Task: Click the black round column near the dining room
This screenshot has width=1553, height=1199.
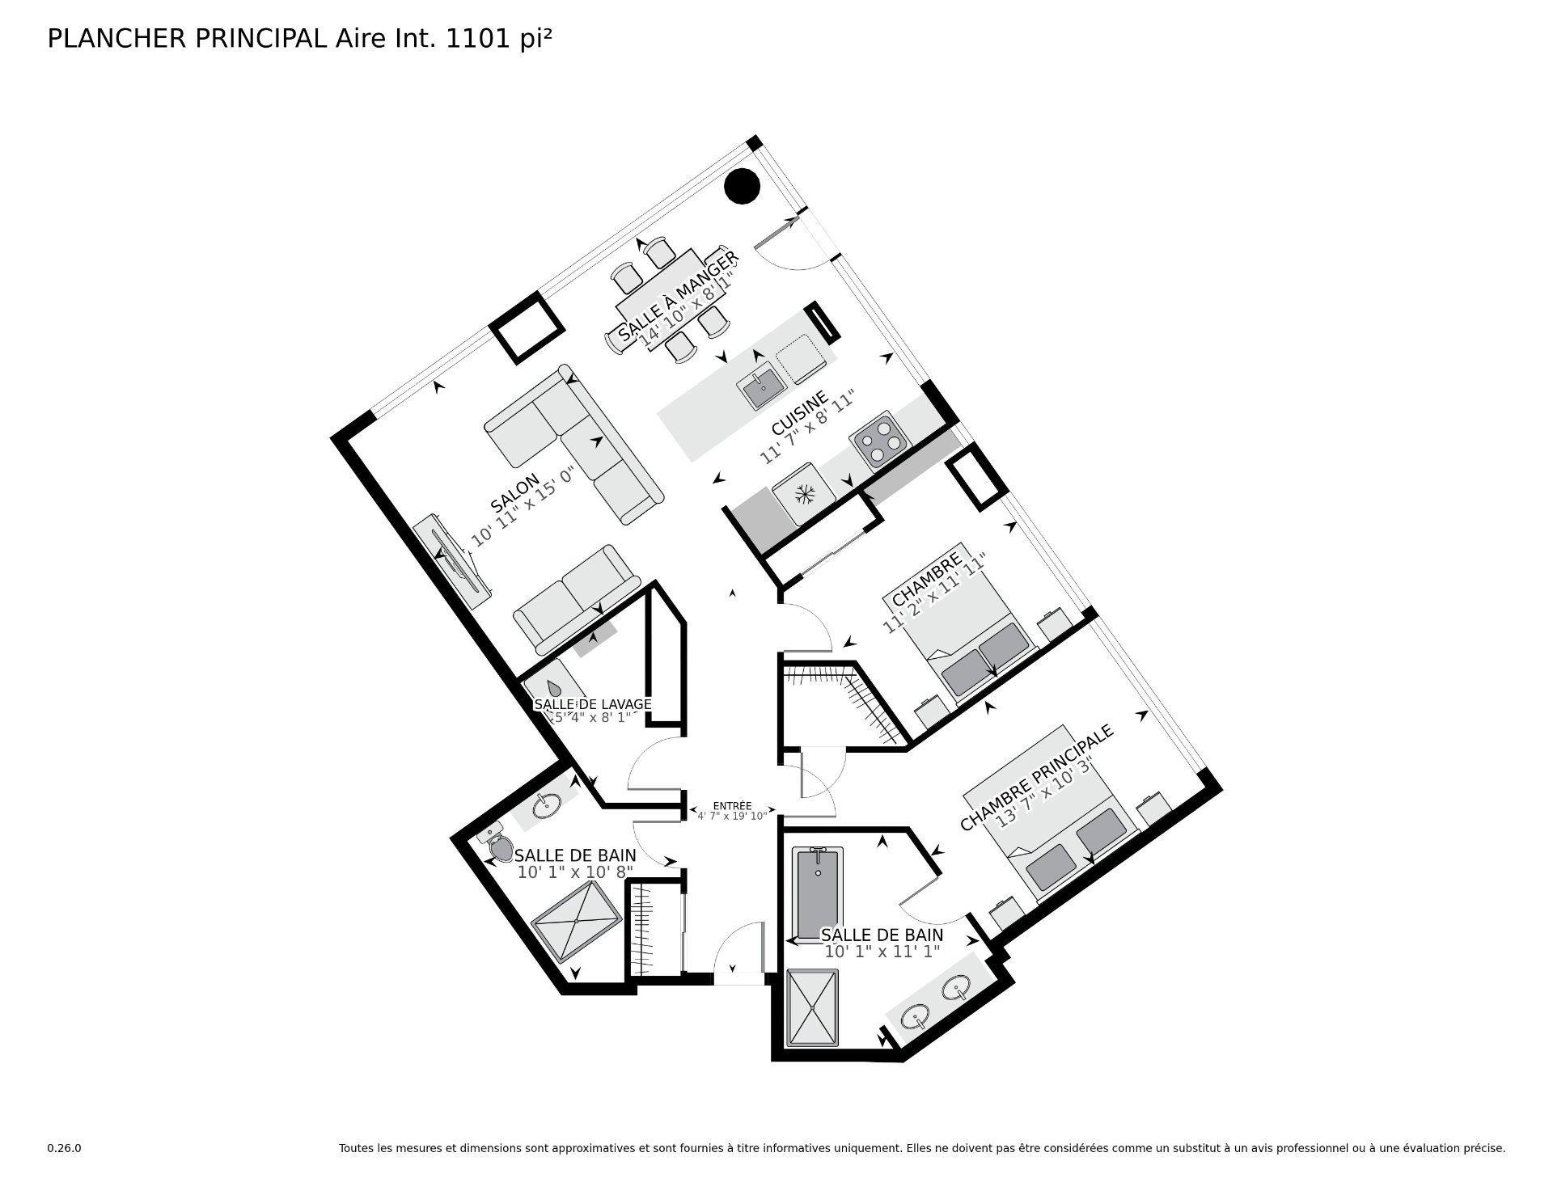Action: click(742, 188)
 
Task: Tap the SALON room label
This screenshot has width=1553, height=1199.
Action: click(514, 494)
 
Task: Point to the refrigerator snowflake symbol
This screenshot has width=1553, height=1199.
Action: click(804, 494)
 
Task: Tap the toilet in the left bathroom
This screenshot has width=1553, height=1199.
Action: click(500, 846)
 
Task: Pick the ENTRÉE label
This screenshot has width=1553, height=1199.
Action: click(732, 806)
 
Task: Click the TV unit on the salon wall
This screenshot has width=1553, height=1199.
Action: click(451, 560)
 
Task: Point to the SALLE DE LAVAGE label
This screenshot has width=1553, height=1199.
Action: click(592, 704)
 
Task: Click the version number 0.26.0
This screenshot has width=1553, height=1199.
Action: click(64, 1148)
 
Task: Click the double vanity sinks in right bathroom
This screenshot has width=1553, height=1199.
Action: click(938, 1003)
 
